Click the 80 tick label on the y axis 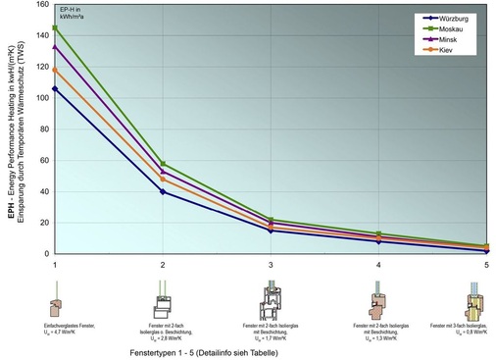pyautogui.click(x=42, y=129)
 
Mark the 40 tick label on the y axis pyautogui.click(x=42, y=191)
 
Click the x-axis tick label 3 pyautogui.click(x=271, y=266)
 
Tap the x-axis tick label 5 pyautogui.click(x=486, y=266)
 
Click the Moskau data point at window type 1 pyautogui.click(x=55, y=27)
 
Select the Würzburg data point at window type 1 pyautogui.click(x=55, y=89)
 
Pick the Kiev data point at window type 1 pyautogui.click(x=55, y=70)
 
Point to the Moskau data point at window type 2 pyautogui.click(x=163, y=164)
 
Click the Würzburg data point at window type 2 pyautogui.click(x=163, y=191)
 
